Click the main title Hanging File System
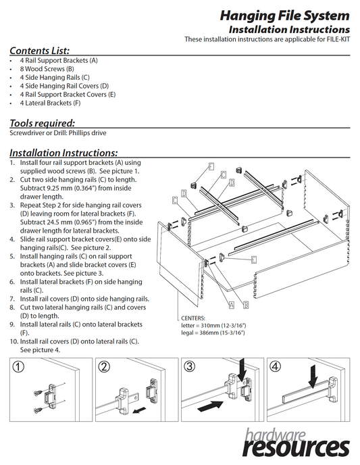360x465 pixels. coord(284,16)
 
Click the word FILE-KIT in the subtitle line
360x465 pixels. coord(338,39)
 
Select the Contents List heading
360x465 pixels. coord(39,51)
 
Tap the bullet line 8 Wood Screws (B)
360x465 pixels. coord(47,69)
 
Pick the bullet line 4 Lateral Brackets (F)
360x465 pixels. coord(50,103)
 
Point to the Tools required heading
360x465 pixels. coord(42,123)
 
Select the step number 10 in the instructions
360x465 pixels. coord(14,341)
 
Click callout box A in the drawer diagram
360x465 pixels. coord(232,305)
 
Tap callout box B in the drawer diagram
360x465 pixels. coord(246,305)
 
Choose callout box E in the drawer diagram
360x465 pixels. coord(254,260)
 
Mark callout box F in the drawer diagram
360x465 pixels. coord(211,166)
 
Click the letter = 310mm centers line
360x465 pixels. coord(213,325)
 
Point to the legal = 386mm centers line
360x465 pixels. coord(213,333)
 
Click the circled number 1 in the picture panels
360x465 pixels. coord(18,367)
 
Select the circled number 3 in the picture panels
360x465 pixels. coord(190,366)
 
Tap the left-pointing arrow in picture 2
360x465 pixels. coord(139,410)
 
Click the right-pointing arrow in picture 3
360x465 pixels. coord(210,406)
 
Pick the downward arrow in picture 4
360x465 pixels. coord(313,376)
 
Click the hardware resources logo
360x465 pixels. coord(297,443)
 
